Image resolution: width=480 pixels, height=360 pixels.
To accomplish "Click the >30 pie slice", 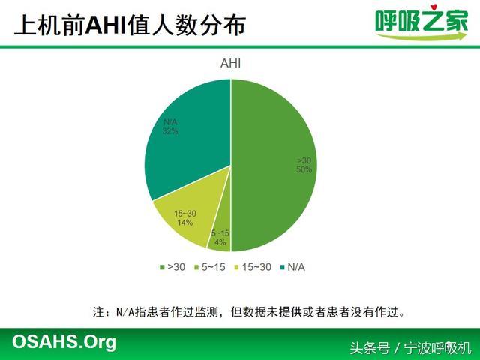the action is [x=272, y=165].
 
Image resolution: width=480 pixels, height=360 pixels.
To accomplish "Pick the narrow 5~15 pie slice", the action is [x=223, y=232].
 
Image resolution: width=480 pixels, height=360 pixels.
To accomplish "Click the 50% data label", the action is [x=304, y=170].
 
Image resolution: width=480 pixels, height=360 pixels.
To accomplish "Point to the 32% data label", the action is [x=170, y=131].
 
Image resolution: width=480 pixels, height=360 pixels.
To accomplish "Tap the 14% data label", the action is [x=185, y=223].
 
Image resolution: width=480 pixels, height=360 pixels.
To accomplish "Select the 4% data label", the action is [x=220, y=242].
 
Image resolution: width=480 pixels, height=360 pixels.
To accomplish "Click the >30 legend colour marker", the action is [x=162, y=267].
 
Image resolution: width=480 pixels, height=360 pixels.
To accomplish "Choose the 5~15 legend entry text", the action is [x=213, y=267].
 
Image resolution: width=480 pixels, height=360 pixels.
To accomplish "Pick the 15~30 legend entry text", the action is [x=256, y=267].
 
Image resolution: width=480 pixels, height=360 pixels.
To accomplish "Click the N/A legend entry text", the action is [x=296, y=267].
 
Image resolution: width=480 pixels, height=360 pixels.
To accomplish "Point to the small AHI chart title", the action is [x=230, y=63].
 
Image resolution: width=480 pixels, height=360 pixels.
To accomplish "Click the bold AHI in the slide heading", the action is [x=106, y=25].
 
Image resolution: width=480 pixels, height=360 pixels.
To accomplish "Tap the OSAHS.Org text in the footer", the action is [x=64, y=342].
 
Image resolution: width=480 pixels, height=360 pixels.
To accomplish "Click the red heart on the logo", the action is [x=433, y=7].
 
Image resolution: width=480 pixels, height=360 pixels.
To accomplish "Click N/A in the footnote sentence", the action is [x=125, y=312].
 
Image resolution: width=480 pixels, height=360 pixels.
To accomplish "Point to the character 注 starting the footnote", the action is [x=99, y=312].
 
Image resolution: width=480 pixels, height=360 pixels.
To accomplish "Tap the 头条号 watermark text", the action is [x=370, y=348].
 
